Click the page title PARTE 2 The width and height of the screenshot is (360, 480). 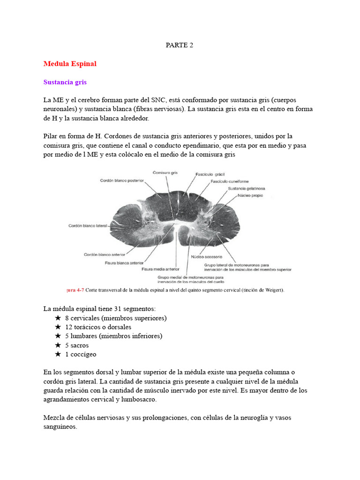[x=180, y=45]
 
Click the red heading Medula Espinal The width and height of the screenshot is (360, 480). [x=70, y=63]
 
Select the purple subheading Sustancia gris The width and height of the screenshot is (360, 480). [x=65, y=82]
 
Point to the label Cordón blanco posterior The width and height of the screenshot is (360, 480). [x=122, y=180]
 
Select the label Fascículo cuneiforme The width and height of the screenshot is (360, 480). [x=230, y=181]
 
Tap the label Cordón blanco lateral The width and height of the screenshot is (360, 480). [x=88, y=225]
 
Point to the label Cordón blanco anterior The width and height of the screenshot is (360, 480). [x=104, y=255]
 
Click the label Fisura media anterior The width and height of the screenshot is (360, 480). [x=160, y=269]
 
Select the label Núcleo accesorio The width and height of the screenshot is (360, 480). [x=206, y=257]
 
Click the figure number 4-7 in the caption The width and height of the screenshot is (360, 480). [x=79, y=290]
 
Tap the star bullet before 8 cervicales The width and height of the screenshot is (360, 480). [x=58, y=318]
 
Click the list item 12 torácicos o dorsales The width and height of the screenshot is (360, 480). [x=98, y=327]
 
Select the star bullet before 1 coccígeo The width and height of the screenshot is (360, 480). [x=58, y=354]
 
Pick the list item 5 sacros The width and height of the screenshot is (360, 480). [x=77, y=345]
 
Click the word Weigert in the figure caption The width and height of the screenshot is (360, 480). [x=273, y=290]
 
